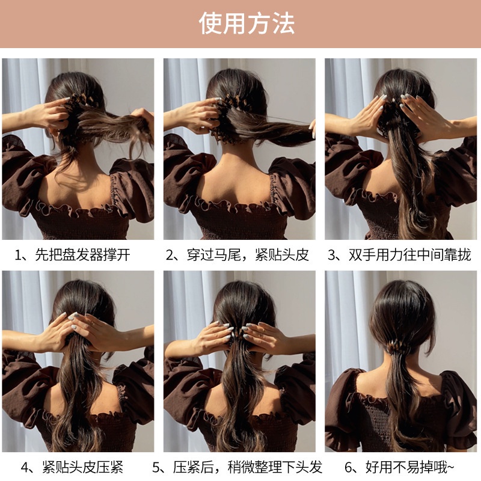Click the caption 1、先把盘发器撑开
click(72, 255)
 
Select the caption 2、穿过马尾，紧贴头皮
click(237, 255)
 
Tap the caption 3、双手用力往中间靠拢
click(400, 255)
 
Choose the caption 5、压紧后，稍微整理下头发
click(237, 467)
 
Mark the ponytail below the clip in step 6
click(398, 397)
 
